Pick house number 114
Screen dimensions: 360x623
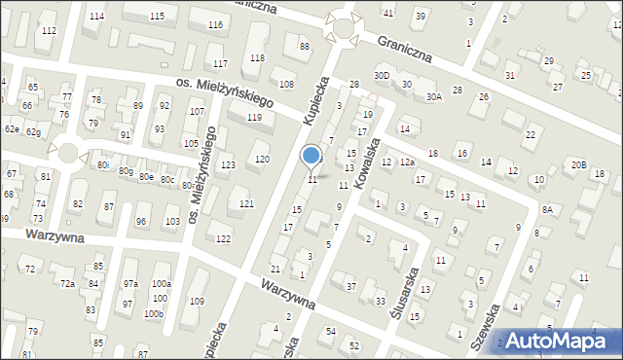click(x=95, y=18)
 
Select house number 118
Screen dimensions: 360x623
click(x=257, y=58)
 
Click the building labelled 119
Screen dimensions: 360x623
click(x=254, y=118)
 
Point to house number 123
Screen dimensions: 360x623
click(x=228, y=165)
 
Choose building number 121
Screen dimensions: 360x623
click(x=246, y=203)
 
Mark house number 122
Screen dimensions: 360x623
click(x=223, y=239)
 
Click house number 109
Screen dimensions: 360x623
click(x=197, y=302)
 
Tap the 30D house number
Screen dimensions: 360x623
click(x=382, y=76)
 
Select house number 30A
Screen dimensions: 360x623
click(x=433, y=96)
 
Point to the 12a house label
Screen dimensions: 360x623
click(x=408, y=162)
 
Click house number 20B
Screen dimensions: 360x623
click(x=579, y=165)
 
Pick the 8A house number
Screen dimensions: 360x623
click(x=548, y=209)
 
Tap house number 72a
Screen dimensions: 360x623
click(x=67, y=283)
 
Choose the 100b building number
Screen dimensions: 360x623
click(x=154, y=314)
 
